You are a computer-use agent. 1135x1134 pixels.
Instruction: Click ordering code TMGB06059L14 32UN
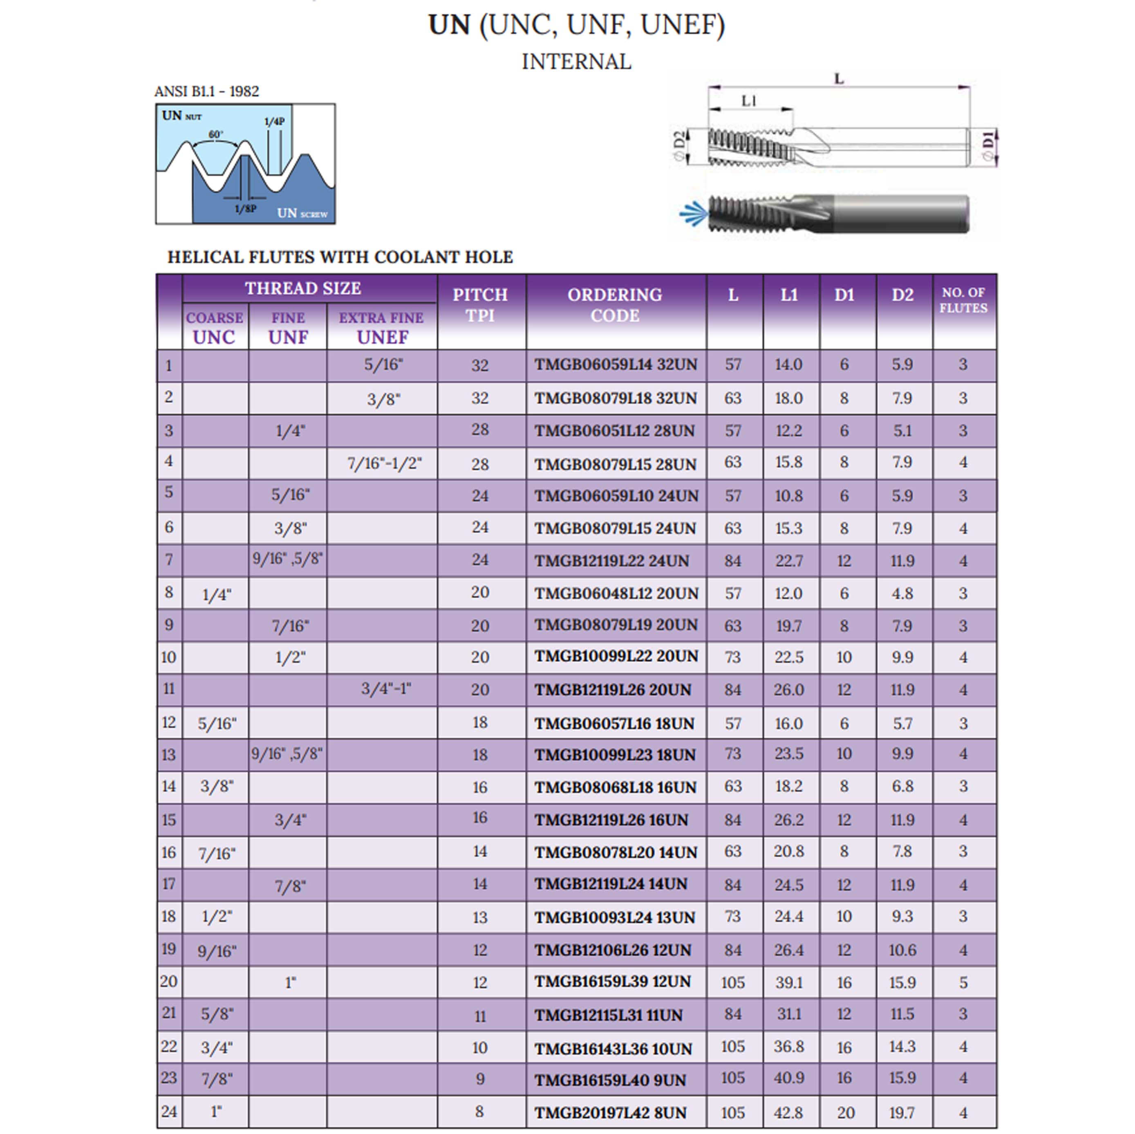[x=615, y=365]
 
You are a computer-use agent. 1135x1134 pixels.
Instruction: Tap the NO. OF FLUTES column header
[x=963, y=300]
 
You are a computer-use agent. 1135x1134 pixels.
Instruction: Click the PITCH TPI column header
[x=479, y=305]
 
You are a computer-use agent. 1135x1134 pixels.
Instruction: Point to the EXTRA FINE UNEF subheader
[x=381, y=328]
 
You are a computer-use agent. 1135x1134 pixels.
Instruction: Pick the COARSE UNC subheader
[x=215, y=328]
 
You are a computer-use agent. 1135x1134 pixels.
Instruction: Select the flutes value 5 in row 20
[x=963, y=982]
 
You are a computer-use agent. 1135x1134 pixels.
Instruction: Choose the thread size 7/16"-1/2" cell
[x=384, y=463]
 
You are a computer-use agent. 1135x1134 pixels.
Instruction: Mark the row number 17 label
[x=169, y=884]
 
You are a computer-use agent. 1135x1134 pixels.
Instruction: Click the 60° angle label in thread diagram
[x=216, y=134]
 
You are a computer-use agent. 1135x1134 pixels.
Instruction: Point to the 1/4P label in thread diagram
[x=274, y=122]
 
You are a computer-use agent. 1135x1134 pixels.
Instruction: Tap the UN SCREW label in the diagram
[x=302, y=213]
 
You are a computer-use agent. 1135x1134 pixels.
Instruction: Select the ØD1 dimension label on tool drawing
[x=989, y=146]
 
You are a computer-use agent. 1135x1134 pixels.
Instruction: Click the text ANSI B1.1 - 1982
[x=206, y=92]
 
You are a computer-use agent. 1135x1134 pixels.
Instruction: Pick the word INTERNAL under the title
[x=576, y=62]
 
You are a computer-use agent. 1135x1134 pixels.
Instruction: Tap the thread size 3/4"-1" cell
[x=386, y=688]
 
